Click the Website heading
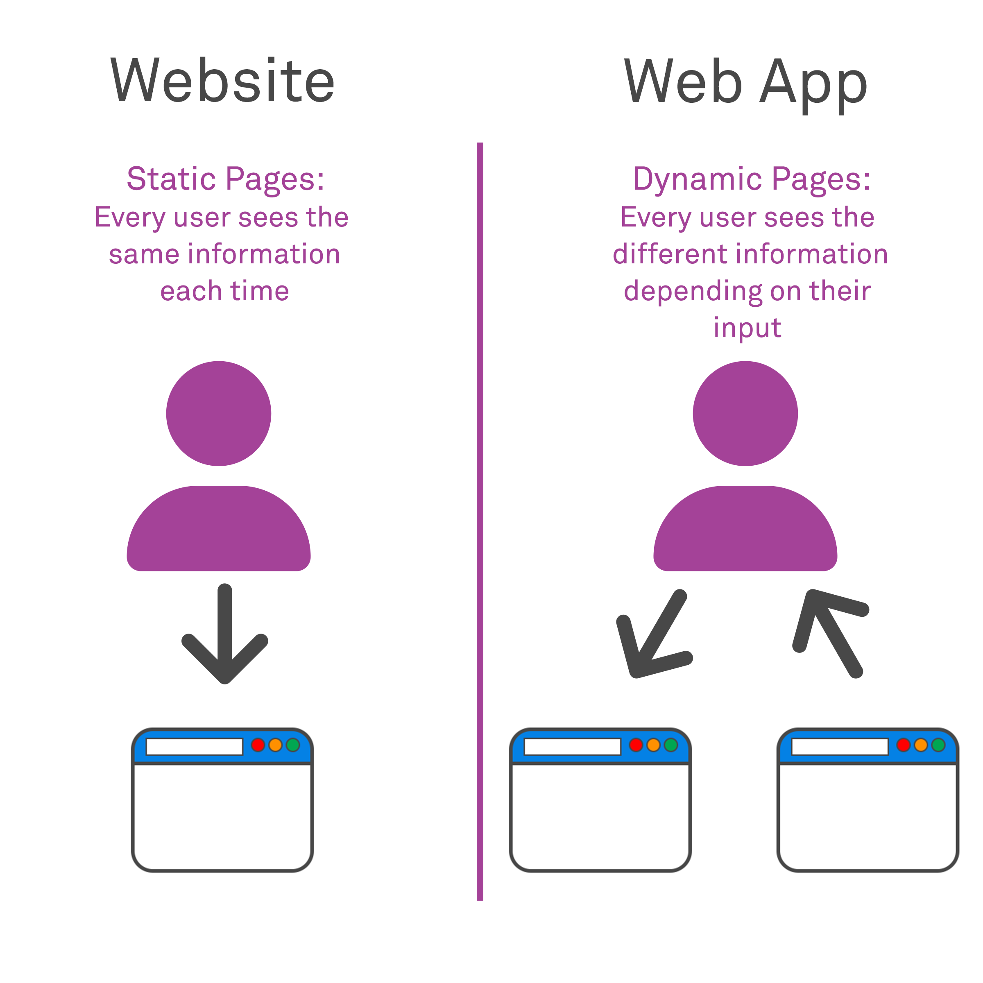222,80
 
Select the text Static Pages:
225,179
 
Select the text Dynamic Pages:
752,179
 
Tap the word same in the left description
143,254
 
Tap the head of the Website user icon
219,414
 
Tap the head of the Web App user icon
745,414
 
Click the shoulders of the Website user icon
219,529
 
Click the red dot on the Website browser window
258,745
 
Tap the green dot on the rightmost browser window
938,745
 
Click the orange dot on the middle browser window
653,745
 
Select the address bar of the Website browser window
195,746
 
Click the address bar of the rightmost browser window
840,746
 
